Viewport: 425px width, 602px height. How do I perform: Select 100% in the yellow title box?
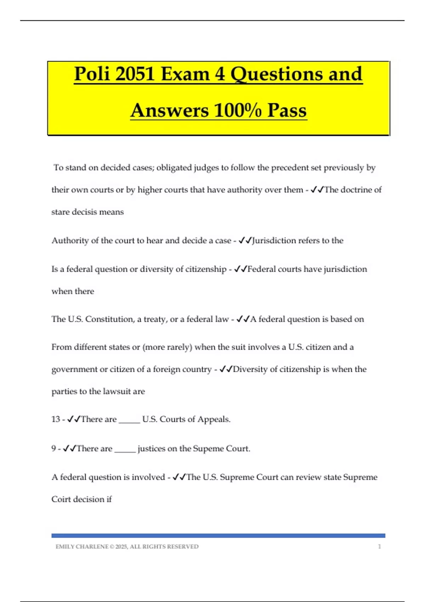238,110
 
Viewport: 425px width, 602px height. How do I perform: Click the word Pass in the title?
287,110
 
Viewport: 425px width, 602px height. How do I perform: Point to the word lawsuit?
117,392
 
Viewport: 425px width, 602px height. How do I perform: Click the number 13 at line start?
56,419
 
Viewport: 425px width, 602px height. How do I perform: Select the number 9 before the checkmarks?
53,449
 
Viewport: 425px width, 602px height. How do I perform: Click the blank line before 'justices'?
125,450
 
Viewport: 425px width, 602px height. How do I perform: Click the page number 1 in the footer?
379,547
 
